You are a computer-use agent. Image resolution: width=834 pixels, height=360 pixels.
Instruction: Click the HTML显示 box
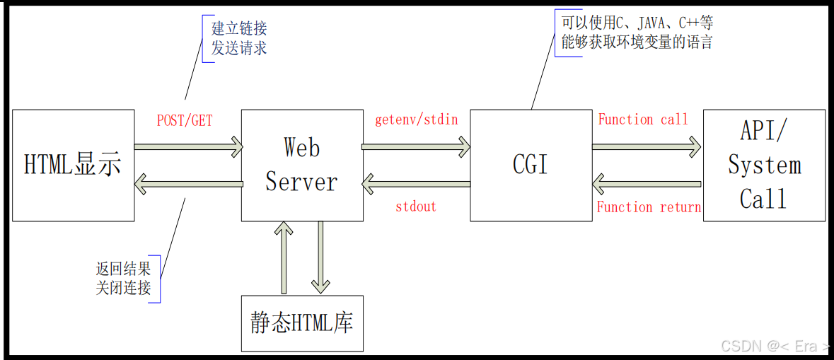73,165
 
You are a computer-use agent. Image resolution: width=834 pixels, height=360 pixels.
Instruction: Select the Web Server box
301,166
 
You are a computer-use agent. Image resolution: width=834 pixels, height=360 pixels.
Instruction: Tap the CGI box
531,165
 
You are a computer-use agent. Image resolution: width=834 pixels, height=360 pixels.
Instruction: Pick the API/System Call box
764,166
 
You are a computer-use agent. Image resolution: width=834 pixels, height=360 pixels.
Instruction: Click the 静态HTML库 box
302,323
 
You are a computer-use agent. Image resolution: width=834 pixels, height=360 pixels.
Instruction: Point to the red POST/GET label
185,121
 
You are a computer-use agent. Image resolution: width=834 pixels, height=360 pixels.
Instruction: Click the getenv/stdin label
416,120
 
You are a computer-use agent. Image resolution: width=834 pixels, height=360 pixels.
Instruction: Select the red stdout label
416,207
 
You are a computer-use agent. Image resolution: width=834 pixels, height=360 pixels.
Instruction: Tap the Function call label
643,120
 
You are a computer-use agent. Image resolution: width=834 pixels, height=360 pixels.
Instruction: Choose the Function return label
649,207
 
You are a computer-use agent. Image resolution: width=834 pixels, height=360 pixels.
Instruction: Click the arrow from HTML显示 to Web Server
188,147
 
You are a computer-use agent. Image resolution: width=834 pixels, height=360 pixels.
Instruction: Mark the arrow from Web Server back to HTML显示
188,185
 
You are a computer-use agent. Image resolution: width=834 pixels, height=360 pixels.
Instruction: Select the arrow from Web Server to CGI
416,147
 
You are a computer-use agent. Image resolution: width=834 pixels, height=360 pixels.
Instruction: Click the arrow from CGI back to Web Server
416,185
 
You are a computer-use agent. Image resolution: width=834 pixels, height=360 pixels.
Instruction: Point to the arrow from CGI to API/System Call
646,147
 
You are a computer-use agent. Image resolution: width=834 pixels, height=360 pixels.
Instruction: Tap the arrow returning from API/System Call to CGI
646,185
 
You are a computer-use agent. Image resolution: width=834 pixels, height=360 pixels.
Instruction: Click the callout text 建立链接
239,30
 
